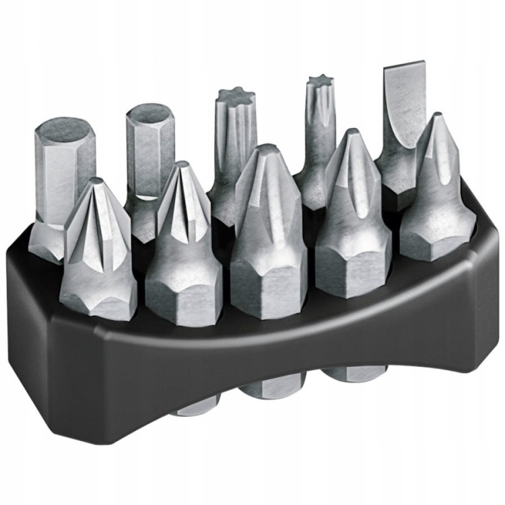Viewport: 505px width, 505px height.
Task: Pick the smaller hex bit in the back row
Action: tap(149, 155)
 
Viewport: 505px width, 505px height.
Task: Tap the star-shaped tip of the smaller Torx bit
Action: tap(321, 84)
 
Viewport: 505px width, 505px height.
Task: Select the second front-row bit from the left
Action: tap(182, 249)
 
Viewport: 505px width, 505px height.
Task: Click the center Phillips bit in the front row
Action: tap(268, 236)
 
